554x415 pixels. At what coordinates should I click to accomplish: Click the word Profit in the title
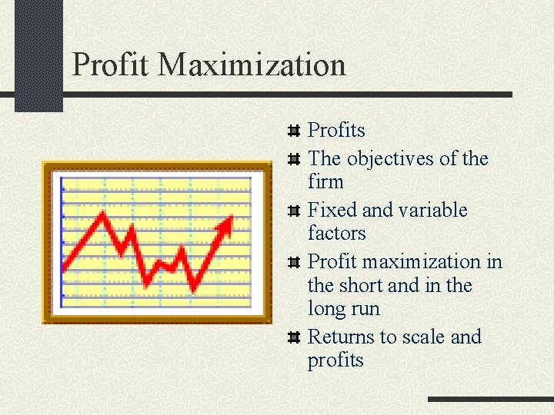(x=112, y=65)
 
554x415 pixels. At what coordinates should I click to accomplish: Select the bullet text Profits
(x=336, y=131)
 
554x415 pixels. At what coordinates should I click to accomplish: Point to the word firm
(x=325, y=182)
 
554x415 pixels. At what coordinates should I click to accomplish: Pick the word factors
(x=336, y=233)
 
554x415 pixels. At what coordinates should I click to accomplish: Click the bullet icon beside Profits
(x=293, y=131)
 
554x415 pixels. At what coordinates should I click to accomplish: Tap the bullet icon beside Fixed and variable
(x=293, y=211)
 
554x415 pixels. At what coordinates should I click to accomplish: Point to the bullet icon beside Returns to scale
(x=293, y=337)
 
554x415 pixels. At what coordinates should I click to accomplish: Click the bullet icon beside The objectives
(x=293, y=160)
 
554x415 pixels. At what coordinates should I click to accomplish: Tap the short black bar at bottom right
(x=490, y=400)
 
